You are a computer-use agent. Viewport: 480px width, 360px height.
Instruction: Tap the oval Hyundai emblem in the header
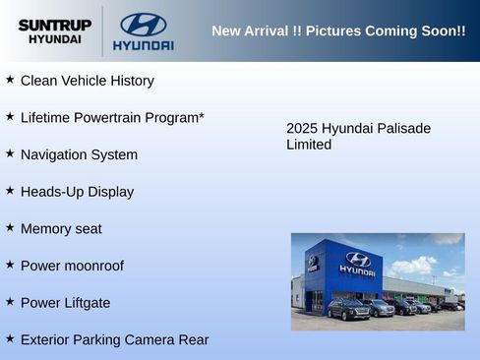[x=143, y=25]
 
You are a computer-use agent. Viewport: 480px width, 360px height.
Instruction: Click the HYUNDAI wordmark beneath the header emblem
[x=143, y=45]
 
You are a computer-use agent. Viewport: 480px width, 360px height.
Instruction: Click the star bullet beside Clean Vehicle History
[x=10, y=79]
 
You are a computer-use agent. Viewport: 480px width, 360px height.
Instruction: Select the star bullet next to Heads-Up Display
[x=10, y=190]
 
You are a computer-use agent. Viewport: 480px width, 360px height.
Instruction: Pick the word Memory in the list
[x=47, y=229]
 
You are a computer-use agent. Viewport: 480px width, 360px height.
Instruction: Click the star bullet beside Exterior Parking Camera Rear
[x=10, y=338]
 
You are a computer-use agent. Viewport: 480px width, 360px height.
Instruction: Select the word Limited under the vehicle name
[x=309, y=146]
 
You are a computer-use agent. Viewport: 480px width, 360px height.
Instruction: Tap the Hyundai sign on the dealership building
[x=358, y=263]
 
